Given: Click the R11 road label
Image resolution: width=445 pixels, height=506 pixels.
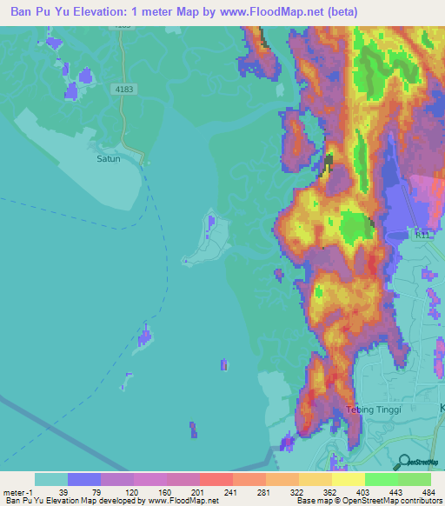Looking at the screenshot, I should point(423,236).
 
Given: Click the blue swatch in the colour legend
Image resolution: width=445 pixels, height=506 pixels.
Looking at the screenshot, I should point(84,479).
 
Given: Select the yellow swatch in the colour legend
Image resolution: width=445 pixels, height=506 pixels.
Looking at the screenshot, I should point(349,479).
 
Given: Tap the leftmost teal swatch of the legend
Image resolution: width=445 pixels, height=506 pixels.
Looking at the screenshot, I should point(50,479).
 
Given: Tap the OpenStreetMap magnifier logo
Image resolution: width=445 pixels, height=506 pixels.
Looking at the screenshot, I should point(403,463).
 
